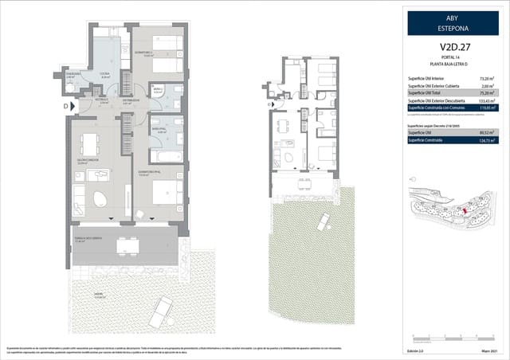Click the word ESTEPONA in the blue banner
pyautogui.click(x=453, y=28)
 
